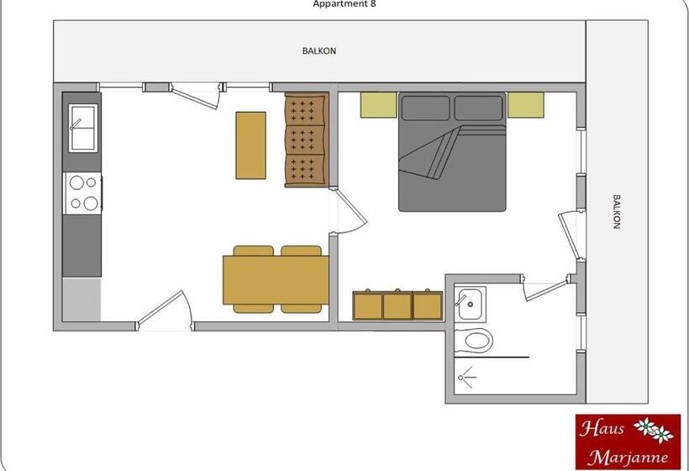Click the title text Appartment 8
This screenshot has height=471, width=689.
[344, 3]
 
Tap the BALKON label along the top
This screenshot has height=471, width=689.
[319, 50]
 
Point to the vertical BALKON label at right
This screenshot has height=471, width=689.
[616, 212]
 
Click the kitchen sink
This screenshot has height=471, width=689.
[83, 128]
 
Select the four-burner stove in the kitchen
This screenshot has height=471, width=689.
[82, 192]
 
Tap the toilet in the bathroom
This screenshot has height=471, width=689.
[476, 341]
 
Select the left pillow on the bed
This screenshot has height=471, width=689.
[426, 108]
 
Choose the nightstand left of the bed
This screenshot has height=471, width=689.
[378, 105]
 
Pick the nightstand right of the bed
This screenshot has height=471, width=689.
[526, 105]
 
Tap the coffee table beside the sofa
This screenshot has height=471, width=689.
[250, 145]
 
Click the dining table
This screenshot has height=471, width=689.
[276, 279]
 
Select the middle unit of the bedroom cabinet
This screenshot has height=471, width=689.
[397, 304]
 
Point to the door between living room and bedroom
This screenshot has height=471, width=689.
[350, 210]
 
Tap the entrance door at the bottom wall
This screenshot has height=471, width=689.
[166, 310]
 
